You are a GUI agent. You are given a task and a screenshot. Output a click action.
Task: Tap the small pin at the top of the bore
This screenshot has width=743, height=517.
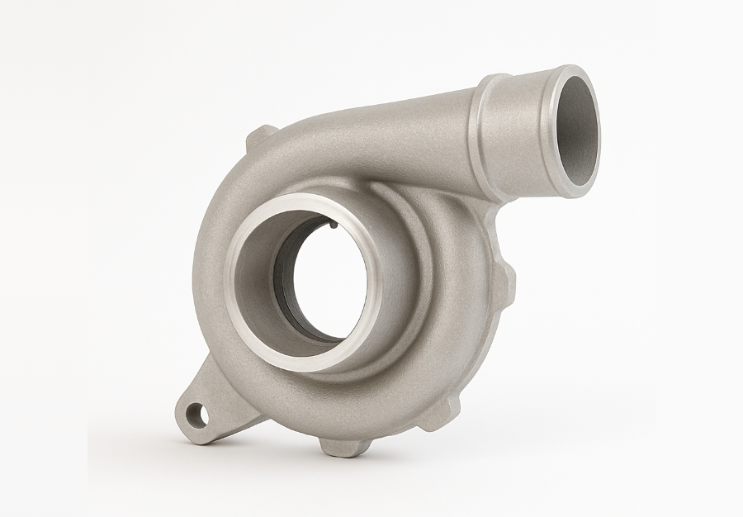[x=331, y=223]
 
